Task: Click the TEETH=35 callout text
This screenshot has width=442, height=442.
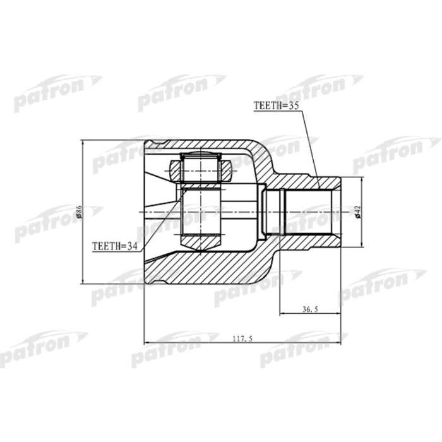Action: [x=275, y=107]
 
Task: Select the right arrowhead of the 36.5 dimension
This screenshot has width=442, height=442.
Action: [x=341, y=314]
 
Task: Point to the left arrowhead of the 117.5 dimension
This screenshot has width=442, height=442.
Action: [x=146, y=343]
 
